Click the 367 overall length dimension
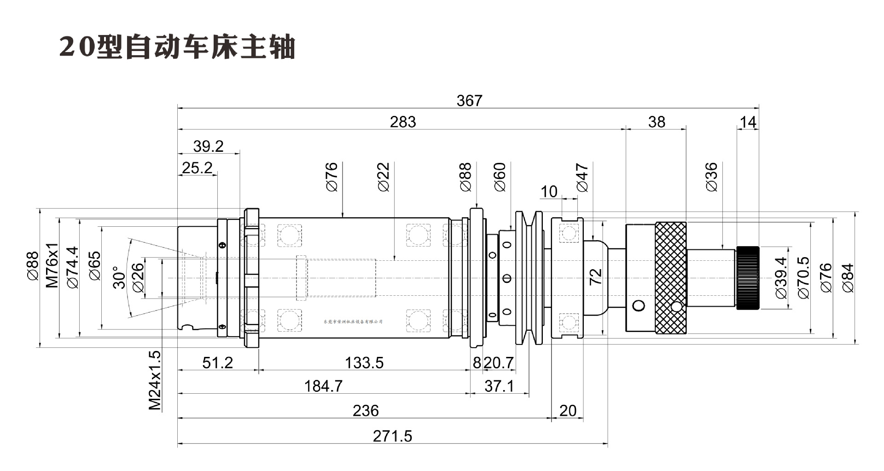coord(469,100)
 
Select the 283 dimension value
coord(403,122)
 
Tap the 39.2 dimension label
coord(208,146)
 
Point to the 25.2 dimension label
coord(197,168)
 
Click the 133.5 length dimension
coord(364,363)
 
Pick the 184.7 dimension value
coord(323,386)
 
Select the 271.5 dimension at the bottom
coord(392,436)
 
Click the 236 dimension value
coord(366,411)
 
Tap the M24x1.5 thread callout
coord(155,380)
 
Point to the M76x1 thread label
coord(52,265)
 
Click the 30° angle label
coord(119,277)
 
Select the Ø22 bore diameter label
coord(384,177)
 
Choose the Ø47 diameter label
coord(582,177)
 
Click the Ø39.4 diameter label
coord(781,278)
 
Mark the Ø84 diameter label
coord(848,278)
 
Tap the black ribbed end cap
coord(748,278)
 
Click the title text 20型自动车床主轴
coord(177,47)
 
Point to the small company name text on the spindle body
coord(353,322)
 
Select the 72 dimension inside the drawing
coord(595,276)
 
